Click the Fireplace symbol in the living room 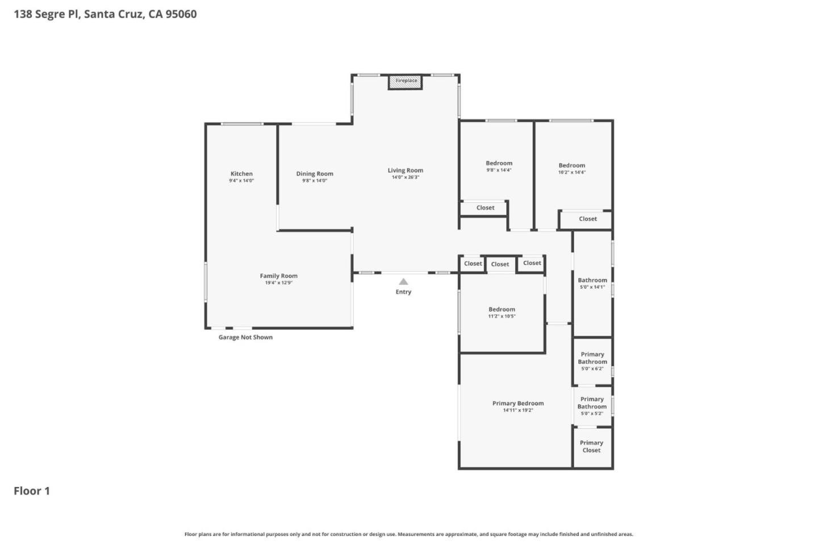(x=406, y=81)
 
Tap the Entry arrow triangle (x=403, y=281)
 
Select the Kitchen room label (x=241, y=174)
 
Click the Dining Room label (x=315, y=174)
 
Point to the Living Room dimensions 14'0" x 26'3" (x=406, y=177)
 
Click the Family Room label (x=278, y=276)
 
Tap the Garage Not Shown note (x=245, y=337)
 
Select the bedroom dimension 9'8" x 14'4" (x=499, y=170)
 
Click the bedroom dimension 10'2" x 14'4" (x=571, y=172)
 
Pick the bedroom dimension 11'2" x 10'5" (x=502, y=317)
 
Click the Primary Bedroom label (x=517, y=403)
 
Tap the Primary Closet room (x=591, y=447)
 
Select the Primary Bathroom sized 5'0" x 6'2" (x=592, y=361)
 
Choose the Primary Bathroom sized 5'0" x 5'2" (x=592, y=406)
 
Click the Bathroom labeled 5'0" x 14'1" (x=592, y=283)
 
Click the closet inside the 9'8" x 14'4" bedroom (x=485, y=208)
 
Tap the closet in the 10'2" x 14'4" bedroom (x=587, y=219)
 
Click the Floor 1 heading (x=32, y=491)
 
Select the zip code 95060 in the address (x=181, y=14)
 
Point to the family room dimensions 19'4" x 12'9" (x=278, y=283)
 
